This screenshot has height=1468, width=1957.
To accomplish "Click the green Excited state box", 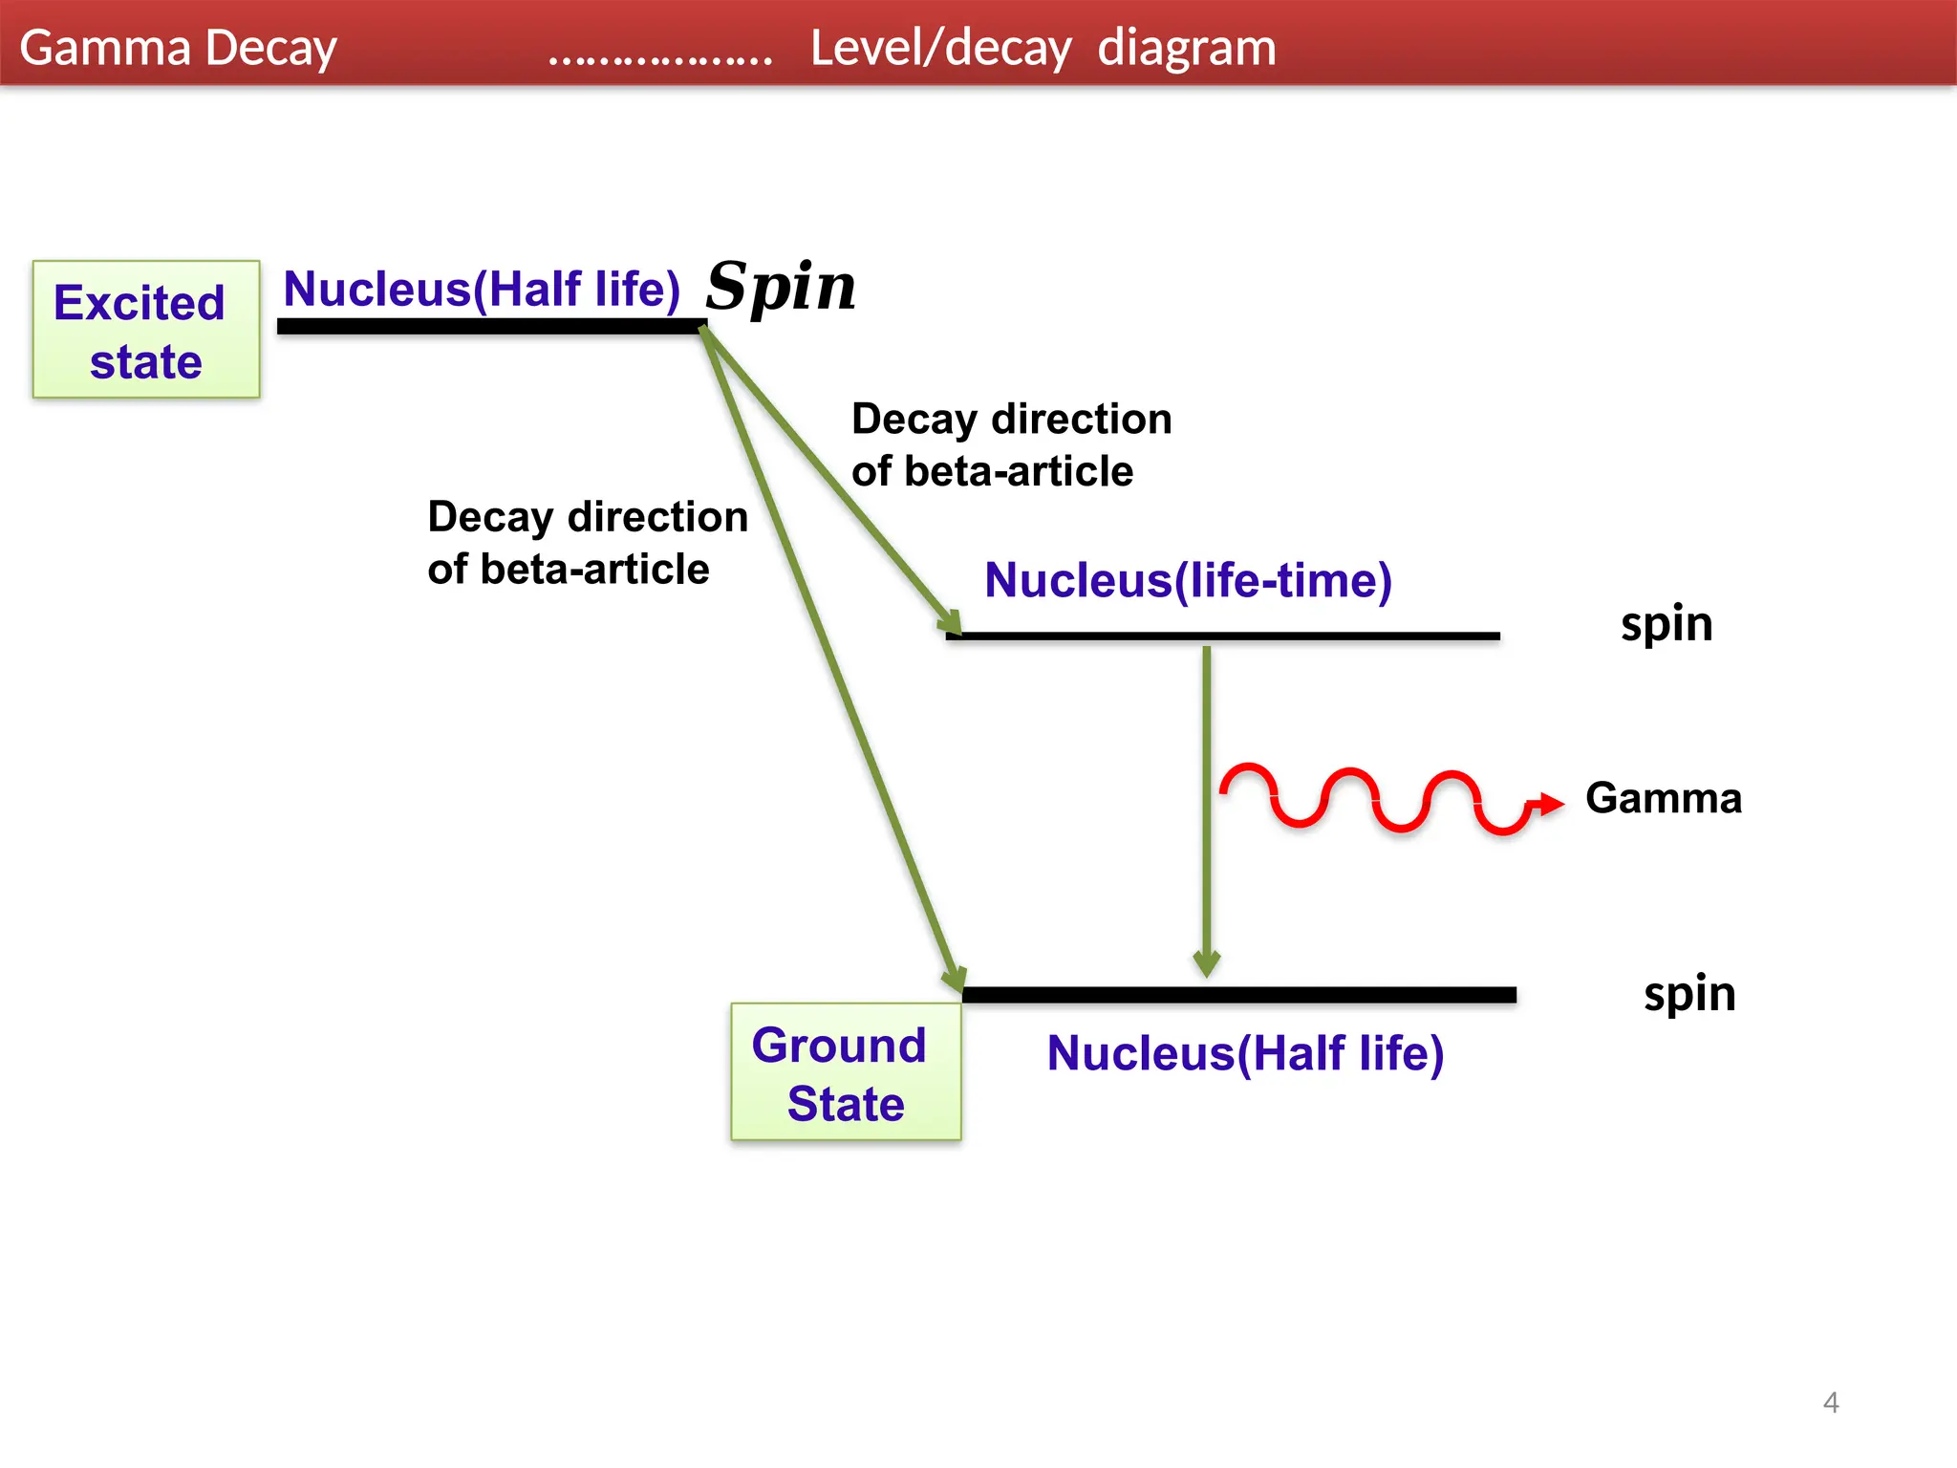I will (146, 330).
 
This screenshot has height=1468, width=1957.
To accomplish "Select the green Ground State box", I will (846, 1071).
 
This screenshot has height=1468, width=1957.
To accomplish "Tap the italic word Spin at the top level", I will (781, 287).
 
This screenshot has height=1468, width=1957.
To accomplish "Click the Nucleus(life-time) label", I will (1188, 580).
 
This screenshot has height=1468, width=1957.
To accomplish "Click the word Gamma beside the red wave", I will (1663, 798).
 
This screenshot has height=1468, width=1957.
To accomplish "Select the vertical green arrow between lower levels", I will (1207, 812).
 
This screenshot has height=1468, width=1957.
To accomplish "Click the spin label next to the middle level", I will (1667, 624).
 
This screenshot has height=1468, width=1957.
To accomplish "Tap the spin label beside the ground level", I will (1689, 994).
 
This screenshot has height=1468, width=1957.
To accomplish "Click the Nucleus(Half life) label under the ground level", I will (1245, 1053).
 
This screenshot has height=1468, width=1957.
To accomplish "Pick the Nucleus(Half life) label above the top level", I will (482, 289).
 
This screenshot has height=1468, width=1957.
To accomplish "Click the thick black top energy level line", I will (491, 327).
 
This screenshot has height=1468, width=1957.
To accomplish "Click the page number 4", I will (1831, 1402).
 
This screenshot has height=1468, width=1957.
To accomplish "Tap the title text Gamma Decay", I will (178, 48).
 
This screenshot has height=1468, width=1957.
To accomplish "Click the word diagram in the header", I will (1186, 48).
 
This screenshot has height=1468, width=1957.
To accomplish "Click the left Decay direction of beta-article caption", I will (587, 542).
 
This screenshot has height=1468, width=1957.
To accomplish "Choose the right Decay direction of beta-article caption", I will (1011, 444).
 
